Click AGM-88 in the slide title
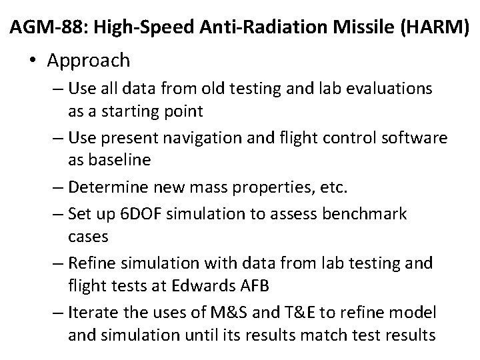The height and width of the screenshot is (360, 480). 46,27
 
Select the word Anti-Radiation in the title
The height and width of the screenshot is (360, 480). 258,27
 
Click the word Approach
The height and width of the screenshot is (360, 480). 89,61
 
